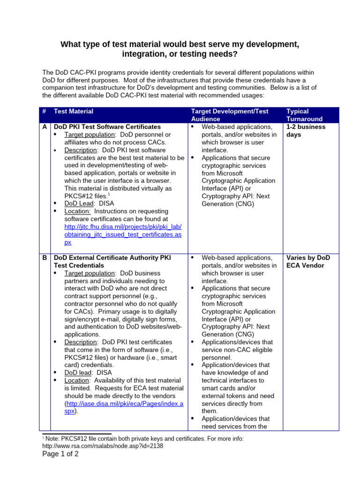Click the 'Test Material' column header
pos(74,112)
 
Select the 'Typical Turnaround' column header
pos(298,115)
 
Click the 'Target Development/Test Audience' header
pos(229,115)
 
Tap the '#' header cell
pos(44,112)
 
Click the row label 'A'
pos(45,127)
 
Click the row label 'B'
pos(45,258)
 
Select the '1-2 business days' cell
pos(306,131)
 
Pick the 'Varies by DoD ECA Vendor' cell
pos(308,262)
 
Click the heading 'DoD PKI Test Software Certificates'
pos(107,127)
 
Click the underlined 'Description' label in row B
pos(81,342)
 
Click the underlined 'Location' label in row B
pos(77,381)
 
